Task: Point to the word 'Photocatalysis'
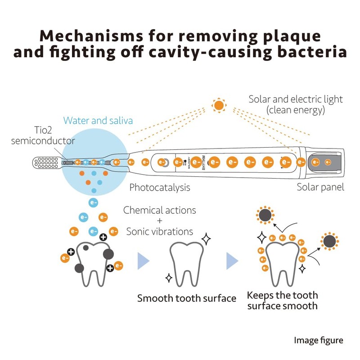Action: coord(160,187)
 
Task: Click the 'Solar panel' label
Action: coord(320,187)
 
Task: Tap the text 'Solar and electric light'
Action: coord(296,99)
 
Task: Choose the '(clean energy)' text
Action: coord(296,110)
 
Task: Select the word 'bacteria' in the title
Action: coord(311,52)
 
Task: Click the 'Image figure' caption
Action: coord(319,340)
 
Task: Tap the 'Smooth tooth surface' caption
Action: coord(187,298)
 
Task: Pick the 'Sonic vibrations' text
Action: coord(160,232)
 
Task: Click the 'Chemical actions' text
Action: coord(160,210)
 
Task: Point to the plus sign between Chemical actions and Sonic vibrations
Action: coord(159,221)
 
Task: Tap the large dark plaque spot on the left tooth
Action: coord(108,254)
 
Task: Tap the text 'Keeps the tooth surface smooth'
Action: coord(282,301)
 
